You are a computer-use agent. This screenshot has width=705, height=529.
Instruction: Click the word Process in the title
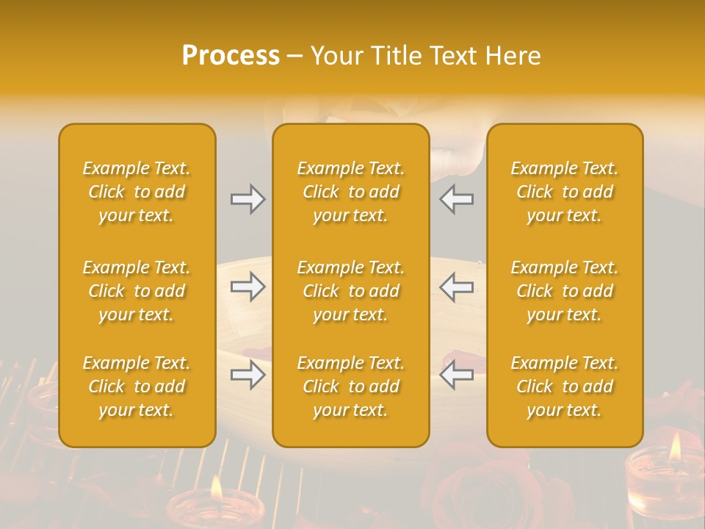[x=231, y=56]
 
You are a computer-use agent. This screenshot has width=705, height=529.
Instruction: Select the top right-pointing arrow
[x=247, y=199]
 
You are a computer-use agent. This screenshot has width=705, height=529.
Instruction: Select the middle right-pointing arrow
[x=247, y=287]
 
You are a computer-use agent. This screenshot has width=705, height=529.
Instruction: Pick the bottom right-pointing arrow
[x=247, y=375]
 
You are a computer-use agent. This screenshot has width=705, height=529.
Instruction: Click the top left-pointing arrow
[x=456, y=199]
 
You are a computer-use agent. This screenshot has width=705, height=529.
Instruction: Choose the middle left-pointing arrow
[x=456, y=287]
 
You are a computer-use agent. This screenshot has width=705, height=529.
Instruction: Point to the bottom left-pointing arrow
[x=456, y=375]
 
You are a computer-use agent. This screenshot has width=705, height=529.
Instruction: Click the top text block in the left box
[x=137, y=192]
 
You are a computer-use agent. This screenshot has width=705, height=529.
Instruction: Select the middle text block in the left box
[x=137, y=291]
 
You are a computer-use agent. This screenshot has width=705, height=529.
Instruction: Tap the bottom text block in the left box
[x=137, y=386]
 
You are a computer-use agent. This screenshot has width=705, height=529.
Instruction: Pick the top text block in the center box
[x=350, y=192]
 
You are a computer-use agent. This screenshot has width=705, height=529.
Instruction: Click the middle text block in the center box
[x=350, y=291]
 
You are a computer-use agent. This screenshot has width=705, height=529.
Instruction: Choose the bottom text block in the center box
[x=350, y=386]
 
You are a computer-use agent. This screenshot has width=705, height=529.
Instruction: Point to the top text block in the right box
[x=564, y=192]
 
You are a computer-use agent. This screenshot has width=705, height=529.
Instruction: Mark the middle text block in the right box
[x=564, y=291]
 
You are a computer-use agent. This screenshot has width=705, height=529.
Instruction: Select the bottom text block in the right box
[x=564, y=386]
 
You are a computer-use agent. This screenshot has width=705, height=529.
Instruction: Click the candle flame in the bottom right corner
[x=675, y=446]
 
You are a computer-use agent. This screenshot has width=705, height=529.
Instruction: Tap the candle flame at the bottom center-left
[x=217, y=487]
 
